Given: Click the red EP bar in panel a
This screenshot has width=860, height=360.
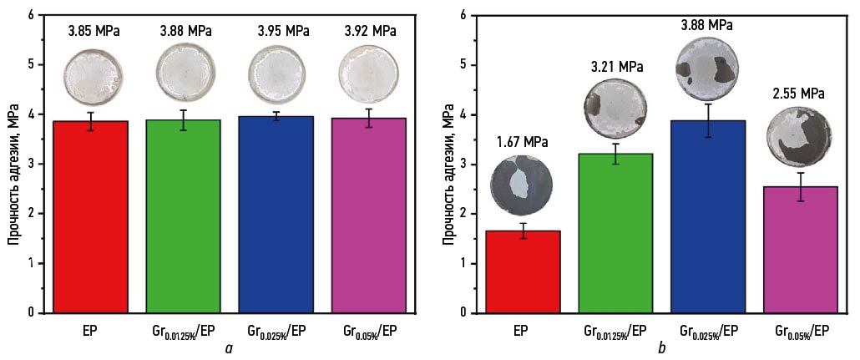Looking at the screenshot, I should pos(91,217).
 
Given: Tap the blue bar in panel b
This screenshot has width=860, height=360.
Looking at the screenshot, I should pos(708,217).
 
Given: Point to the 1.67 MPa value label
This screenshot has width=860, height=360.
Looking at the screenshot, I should pos(519,143).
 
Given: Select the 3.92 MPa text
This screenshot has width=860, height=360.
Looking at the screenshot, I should pos(370,31).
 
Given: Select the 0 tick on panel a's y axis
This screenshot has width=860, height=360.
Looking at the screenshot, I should pos(31,313).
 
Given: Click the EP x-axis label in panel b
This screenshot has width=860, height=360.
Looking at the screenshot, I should pos(520,331).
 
